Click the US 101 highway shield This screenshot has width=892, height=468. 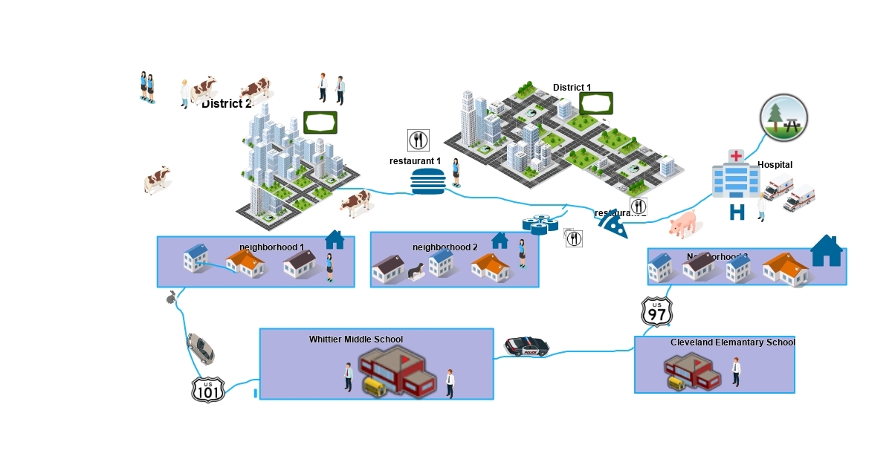tap(208, 389)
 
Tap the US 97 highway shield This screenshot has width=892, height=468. tap(657, 312)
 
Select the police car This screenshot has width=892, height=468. tap(527, 346)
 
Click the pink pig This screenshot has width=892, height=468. tap(683, 223)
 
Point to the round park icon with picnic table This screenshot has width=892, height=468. tap(783, 118)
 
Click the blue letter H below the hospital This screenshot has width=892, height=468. tap(737, 212)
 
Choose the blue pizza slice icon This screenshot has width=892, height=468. tap(613, 224)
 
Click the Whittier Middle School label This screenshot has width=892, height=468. tap(356, 339)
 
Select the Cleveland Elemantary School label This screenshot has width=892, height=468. tap(732, 342)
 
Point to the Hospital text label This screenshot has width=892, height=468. tap(775, 165)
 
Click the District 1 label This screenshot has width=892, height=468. tap(572, 88)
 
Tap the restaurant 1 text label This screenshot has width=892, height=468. tap(415, 161)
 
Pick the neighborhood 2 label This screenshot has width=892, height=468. tap(445, 247)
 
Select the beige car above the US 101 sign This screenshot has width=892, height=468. tap(201, 348)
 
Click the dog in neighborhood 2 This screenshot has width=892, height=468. tap(415, 273)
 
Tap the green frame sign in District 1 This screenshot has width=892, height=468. tap(596, 103)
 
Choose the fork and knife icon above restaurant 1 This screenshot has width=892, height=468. tap(418, 140)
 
